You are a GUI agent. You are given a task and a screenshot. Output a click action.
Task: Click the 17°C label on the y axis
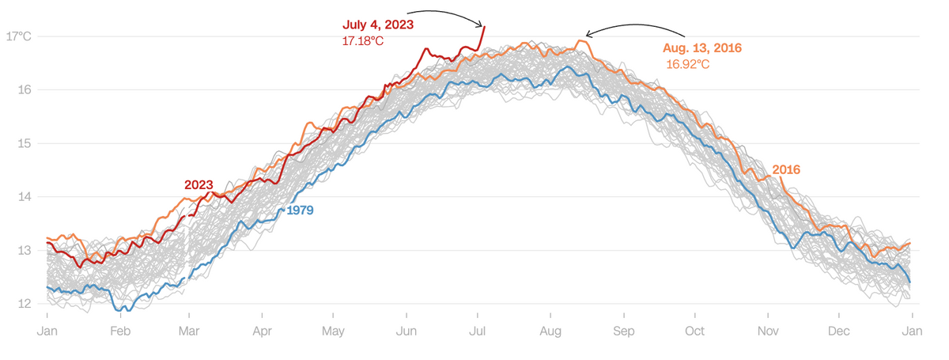18,36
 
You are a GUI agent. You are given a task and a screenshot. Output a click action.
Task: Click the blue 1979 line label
301,211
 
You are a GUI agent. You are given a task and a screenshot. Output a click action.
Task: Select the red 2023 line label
198,185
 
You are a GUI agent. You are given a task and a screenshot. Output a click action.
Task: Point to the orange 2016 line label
787,170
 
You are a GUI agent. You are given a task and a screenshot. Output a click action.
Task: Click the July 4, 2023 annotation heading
378,25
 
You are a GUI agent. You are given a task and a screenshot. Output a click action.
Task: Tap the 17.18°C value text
363,40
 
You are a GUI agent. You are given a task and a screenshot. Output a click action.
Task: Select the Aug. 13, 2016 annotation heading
702,48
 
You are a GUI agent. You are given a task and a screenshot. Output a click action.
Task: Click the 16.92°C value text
687,64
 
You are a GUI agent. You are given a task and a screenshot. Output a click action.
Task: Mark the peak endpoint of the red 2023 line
484,27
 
